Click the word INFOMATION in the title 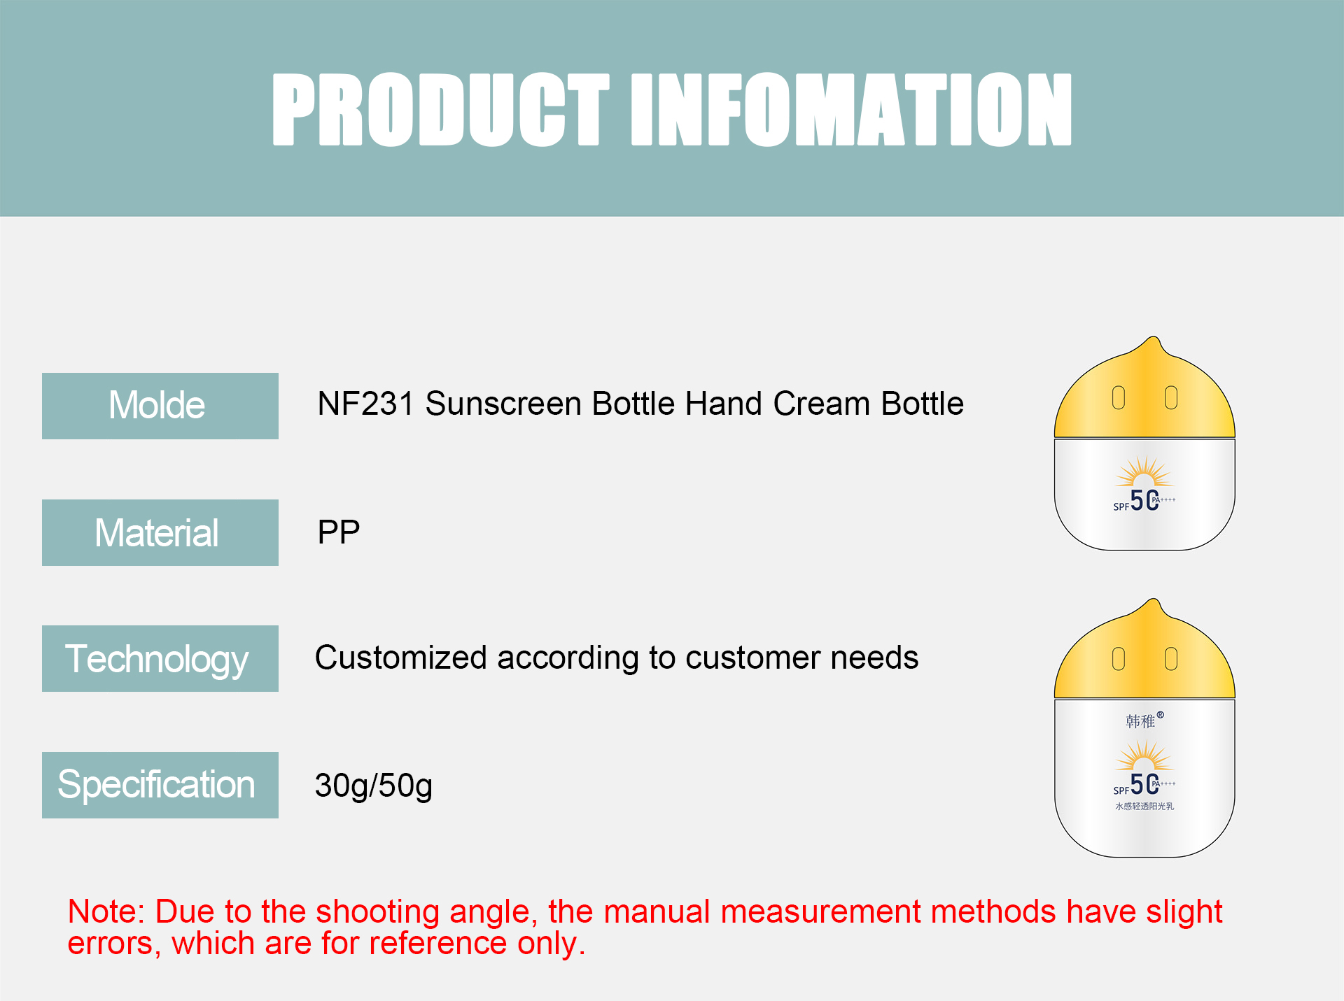pyautogui.click(x=850, y=110)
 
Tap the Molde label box pyautogui.click(x=160, y=406)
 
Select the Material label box pyautogui.click(x=160, y=532)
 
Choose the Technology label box pyautogui.click(x=160, y=658)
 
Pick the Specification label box pyautogui.click(x=160, y=785)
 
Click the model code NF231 pyautogui.click(x=365, y=404)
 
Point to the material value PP pyautogui.click(x=339, y=532)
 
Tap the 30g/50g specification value pyautogui.click(x=373, y=786)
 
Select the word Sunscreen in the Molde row pyautogui.click(x=503, y=404)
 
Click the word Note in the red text pyautogui.click(x=105, y=911)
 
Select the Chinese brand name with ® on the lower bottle pyautogui.click(x=1143, y=720)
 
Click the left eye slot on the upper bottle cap pyautogui.click(x=1119, y=397)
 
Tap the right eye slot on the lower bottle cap pyautogui.click(x=1171, y=658)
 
